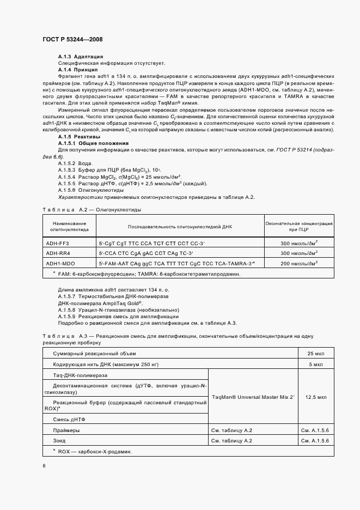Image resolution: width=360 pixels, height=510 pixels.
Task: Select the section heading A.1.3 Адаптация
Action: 81,57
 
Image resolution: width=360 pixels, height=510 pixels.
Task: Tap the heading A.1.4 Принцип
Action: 78,70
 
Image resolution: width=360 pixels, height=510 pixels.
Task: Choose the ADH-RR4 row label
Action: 58,253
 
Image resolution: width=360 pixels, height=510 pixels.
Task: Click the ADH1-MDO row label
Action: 59,263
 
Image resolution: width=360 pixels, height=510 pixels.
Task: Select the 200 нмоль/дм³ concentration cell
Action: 299,263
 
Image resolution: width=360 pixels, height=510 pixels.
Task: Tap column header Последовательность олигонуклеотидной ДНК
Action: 179,226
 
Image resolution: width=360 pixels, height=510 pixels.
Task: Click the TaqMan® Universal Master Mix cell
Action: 253,397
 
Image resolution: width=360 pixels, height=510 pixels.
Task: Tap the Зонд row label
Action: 59,440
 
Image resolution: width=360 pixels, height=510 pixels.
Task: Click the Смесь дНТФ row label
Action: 69,419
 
